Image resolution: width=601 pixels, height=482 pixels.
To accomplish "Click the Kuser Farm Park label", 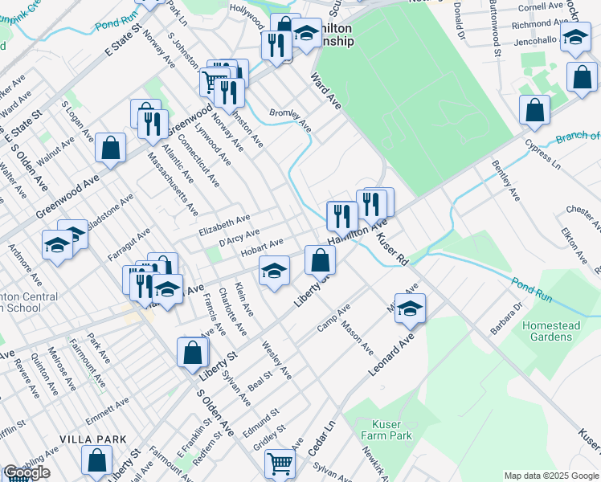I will coord(391,430).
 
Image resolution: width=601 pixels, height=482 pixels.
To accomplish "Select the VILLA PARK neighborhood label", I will coord(93,439).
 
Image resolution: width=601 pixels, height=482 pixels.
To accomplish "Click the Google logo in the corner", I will coord(27,472).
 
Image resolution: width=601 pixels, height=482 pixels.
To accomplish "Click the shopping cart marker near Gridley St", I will coord(280,463).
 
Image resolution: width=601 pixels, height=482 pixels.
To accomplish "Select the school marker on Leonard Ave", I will coord(410,308).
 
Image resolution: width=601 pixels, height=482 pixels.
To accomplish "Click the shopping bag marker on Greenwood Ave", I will coord(111,147).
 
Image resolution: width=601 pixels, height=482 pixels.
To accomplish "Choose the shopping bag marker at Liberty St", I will coord(193,352).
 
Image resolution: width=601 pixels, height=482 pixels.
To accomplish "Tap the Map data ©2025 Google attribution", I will coord(550,476).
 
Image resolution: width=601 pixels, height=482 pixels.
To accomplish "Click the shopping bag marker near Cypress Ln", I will coord(534,110).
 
